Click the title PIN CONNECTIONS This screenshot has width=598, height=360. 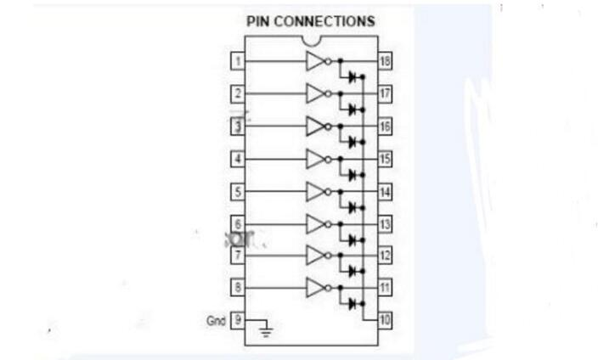pos(310,21)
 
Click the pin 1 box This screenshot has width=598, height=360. pos(239,61)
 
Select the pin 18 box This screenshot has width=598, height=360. pos(384,61)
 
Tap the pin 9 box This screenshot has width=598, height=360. pos(239,320)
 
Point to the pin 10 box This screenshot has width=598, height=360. pos(384,320)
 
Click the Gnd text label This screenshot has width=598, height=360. pos(216,321)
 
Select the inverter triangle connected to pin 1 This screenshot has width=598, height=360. pos(315,61)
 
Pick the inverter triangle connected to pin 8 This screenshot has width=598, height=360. pos(315,288)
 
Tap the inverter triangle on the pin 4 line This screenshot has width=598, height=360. pos(315,159)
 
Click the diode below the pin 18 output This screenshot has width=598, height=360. pos(352,76)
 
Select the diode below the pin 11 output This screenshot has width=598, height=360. pos(352,303)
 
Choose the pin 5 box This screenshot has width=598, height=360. pos(239,191)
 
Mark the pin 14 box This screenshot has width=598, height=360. pos(384,191)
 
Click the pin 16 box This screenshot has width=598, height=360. pos(384,126)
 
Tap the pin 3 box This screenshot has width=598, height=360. pos(239,126)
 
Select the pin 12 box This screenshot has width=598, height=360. pos(384,256)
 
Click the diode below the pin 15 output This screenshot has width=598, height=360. pos(352,174)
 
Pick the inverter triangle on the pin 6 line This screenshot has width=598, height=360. pos(315,223)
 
